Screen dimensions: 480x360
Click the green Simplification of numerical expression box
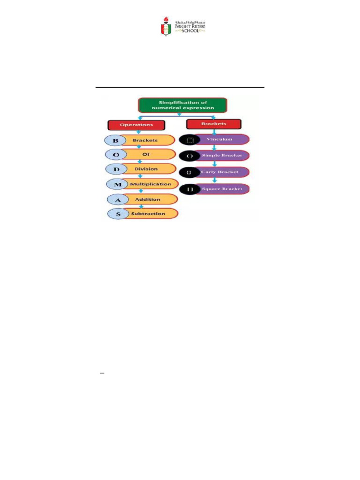click(182, 105)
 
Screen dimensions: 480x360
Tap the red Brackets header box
click(213, 124)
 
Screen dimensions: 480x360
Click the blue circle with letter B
click(116, 140)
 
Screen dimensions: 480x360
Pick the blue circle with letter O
click(116, 154)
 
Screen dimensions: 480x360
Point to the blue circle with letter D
click(116, 169)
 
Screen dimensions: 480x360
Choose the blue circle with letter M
click(118, 184)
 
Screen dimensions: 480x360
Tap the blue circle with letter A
click(118, 199)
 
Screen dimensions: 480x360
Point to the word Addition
click(148, 199)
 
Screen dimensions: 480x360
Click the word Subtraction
click(148, 214)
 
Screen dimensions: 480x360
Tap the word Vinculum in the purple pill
click(222, 139)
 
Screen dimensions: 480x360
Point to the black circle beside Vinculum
click(190, 140)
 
